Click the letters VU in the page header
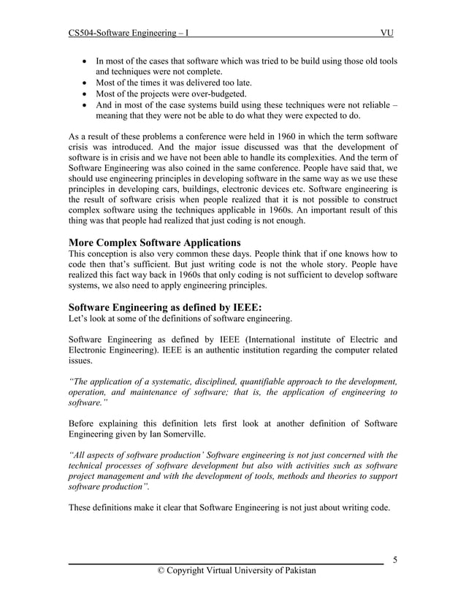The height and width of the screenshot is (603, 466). (x=387, y=34)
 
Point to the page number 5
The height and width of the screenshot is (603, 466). (x=394, y=560)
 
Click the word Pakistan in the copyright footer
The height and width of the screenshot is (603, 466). (x=297, y=570)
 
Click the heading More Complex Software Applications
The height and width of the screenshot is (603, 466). (x=154, y=243)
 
